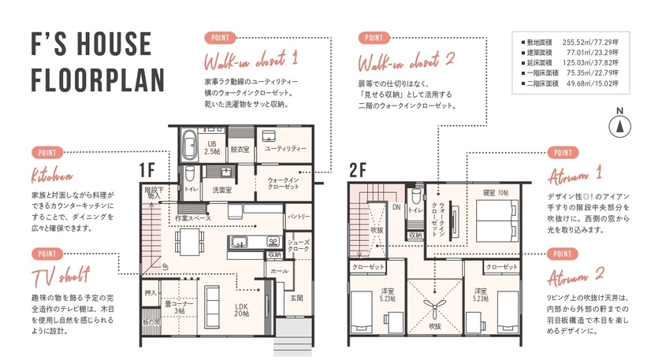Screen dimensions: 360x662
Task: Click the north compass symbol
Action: (x=620, y=124)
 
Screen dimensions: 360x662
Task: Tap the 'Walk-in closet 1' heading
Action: (x=251, y=60)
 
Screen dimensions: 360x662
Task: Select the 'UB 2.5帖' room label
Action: (x=212, y=146)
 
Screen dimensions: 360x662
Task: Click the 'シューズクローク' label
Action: (x=299, y=246)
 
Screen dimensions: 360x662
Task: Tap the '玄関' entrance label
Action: (x=296, y=298)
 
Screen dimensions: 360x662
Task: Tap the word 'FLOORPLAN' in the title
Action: (x=97, y=79)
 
